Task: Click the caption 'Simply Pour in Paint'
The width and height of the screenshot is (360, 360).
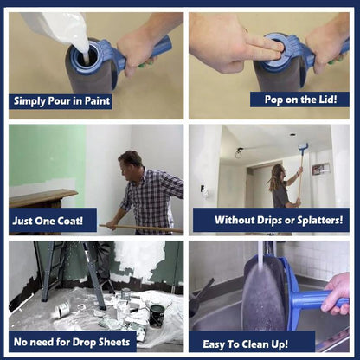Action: pyautogui.click(x=61, y=101)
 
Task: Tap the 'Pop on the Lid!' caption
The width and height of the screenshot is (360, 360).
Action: pyautogui.click(x=300, y=100)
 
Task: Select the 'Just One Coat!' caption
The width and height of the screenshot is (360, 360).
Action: pyautogui.click(x=48, y=221)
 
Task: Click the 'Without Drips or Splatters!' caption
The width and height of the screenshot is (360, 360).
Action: pyautogui.click(x=279, y=220)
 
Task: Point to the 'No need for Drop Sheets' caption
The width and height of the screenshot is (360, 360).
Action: pyautogui.click(x=72, y=342)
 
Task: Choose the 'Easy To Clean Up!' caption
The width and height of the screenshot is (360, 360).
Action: pyautogui.click(x=245, y=344)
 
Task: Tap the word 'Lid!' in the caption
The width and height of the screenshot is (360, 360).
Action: pyautogui.click(x=328, y=100)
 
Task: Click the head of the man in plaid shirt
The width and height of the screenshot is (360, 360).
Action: pyautogui.click(x=131, y=164)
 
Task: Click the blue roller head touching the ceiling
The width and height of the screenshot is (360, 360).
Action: pyautogui.click(x=303, y=147)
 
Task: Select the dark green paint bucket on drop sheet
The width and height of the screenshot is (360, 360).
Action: pyautogui.click(x=157, y=315)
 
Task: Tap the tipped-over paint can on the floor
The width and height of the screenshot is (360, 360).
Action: pyautogui.click(x=63, y=309)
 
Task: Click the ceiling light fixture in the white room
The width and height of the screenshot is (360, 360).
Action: pyautogui.click(x=239, y=153)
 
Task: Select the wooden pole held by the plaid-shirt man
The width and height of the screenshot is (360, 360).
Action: pyautogui.click(x=141, y=228)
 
